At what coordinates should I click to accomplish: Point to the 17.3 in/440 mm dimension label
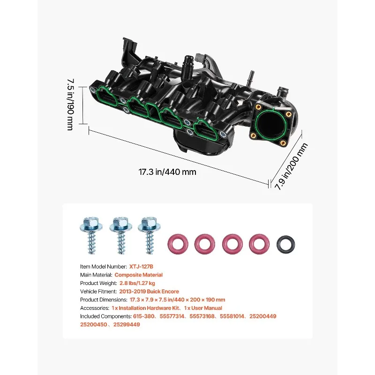(167, 172)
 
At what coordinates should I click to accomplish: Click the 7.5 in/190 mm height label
(69, 104)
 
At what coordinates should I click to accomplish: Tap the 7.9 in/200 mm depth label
(291, 166)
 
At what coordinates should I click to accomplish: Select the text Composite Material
(139, 275)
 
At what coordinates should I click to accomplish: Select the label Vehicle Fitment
(98, 292)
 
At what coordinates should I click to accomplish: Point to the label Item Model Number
(103, 266)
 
